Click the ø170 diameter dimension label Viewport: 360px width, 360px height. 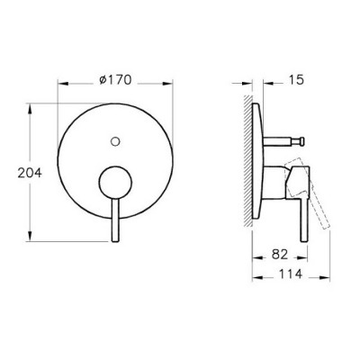pyautogui.click(x=115, y=80)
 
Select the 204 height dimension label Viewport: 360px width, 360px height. pyautogui.click(x=30, y=173)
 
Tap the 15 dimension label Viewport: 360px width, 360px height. pyautogui.click(x=296, y=80)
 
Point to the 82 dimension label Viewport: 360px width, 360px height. pyautogui.click(x=280, y=255)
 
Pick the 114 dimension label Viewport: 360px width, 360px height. pyautogui.click(x=291, y=274)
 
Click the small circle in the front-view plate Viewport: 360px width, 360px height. pyautogui.click(x=115, y=141)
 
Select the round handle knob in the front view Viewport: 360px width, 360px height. pyautogui.click(x=115, y=183)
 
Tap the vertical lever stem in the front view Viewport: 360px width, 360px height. pyautogui.click(x=115, y=220)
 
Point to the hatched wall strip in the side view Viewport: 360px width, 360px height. pyautogui.click(x=248, y=161)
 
